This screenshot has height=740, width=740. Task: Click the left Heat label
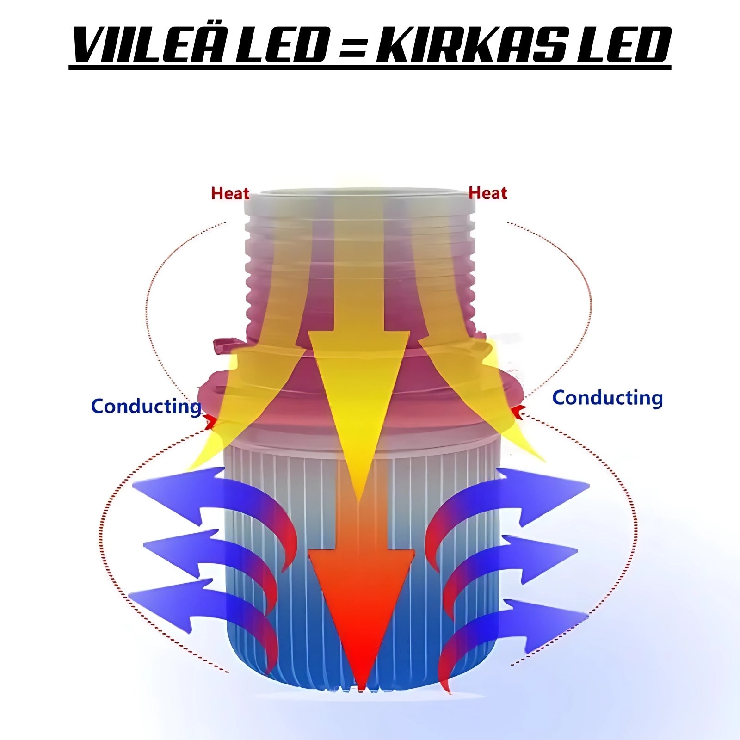tap(230, 193)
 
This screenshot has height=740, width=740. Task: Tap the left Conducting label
tap(146, 407)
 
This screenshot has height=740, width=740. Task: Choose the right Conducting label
tap(607, 398)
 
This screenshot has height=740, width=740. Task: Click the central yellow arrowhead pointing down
tap(359, 407)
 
